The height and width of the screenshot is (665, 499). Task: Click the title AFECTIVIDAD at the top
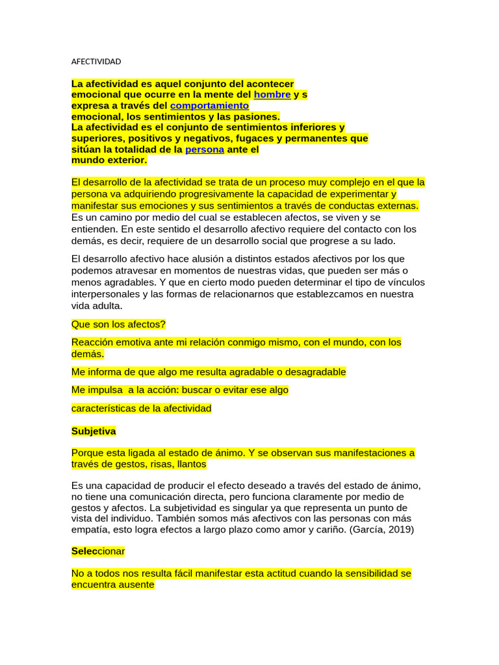[96, 62]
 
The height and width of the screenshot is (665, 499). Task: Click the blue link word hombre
[272, 94]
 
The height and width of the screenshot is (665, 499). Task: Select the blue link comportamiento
[209, 105]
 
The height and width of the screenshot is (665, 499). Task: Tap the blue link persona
[205, 149]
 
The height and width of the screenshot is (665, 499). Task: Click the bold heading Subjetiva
[94, 431]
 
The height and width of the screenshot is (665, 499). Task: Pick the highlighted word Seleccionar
[98, 551]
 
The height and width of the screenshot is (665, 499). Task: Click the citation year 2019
[398, 529]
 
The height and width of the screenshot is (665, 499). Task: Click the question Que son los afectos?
[118, 323]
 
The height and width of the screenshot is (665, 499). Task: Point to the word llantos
[187, 464]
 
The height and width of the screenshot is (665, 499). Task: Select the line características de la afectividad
[142, 408]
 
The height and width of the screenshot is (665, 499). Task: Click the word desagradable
[311, 372]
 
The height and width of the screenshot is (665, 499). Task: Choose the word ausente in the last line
[134, 584]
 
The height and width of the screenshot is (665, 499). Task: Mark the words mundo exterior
[109, 160]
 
